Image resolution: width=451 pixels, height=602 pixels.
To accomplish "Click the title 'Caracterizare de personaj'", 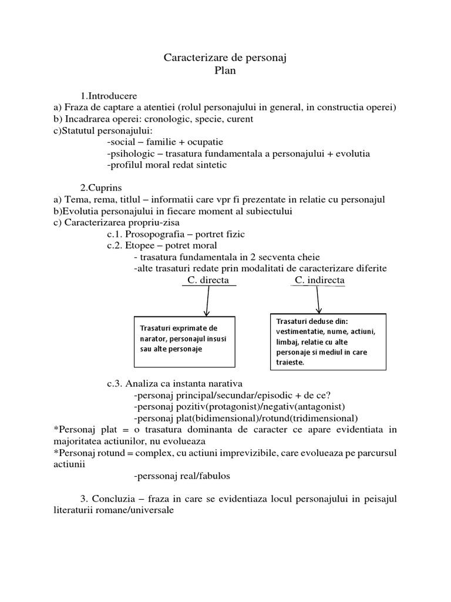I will coord(225,58).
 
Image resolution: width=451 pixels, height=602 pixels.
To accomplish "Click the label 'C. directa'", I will coord(208,280).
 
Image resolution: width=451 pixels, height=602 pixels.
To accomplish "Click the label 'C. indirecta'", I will coord(319,280).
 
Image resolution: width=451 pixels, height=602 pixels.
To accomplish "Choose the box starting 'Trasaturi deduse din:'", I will coord(327,342).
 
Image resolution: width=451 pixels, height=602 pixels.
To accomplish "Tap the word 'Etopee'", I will coord(140,245).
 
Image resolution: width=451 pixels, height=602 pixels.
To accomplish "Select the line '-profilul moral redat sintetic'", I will coord(167,165).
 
